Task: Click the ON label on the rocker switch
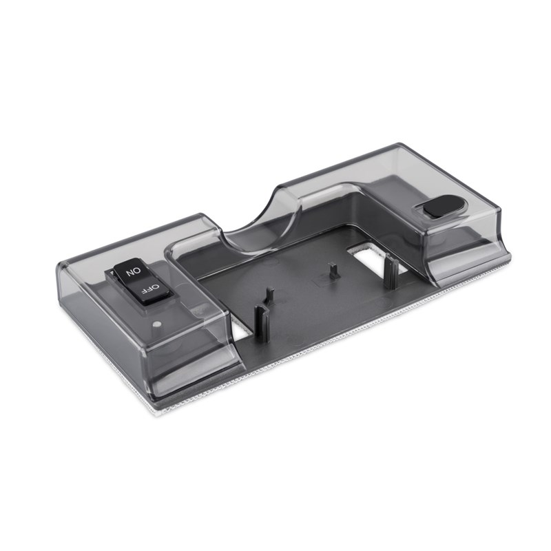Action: click(133, 271)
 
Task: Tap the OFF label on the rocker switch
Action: click(150, 289)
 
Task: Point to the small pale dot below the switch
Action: click(158, 324)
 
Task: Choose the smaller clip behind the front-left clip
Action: click(270, 296)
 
